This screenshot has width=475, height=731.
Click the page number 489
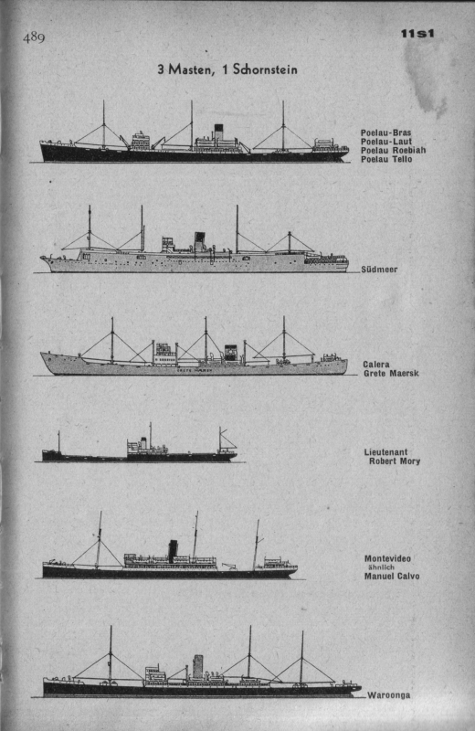(x=34, y=37)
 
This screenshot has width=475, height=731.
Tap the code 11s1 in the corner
(x=417, y=34)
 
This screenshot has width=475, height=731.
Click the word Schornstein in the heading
(x=265, y=69)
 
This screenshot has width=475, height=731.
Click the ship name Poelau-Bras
(x=386, y=132)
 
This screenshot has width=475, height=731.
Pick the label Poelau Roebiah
(x=393, y=150)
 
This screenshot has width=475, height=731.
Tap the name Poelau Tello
(x=386, y=159)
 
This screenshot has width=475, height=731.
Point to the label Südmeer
(x=379, y=269)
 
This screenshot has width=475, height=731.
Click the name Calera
(x=376, y=364)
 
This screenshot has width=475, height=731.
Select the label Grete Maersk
(x=391, y=373)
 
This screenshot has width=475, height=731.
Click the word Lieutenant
(x=386, y=451)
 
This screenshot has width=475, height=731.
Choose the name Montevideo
(x=387, y=558)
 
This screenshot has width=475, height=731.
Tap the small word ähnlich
(x=381, y=567)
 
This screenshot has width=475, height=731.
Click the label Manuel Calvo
(x=392, y=577)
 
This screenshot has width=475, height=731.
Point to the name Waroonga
(x=389, y=695)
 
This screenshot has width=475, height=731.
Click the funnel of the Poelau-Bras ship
(x=218, y=131)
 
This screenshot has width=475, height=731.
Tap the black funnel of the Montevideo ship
(x=173, y=551)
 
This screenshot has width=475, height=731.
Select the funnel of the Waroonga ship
(x=198, y=667)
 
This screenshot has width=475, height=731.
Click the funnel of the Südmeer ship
(x=199, y=241)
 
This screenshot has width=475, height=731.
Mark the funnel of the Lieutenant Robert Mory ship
(x=143, y=442)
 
